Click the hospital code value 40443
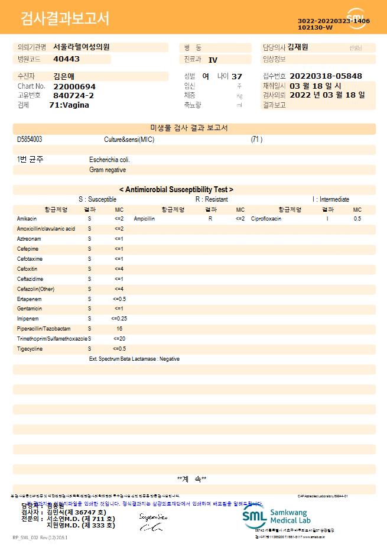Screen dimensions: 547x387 click(x=66, y=59)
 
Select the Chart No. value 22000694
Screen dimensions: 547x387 click(x=74, y=86)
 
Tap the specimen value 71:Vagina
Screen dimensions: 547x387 click(x=69, y=105)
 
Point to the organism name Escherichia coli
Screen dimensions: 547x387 click(x=109, y=160)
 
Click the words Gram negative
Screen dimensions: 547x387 click(x=108, y=170)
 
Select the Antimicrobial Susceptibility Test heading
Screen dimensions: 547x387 click(x=176, y=190)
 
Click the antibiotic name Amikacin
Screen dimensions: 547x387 click(x=27, y=219)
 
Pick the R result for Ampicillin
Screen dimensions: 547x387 click(x=210, y=219)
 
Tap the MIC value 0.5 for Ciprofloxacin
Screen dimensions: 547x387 click(x=357, y=219)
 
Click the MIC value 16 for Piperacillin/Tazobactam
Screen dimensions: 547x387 click(x=119, y=329)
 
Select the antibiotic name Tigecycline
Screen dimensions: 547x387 click(x=30, y=349)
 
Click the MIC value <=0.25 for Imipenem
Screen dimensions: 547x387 click(x=119, y=319)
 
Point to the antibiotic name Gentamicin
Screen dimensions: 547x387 click(x=30, y=309)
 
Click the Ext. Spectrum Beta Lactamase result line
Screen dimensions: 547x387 click(x=134, y=359)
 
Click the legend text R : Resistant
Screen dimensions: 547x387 click(x=212, y=200)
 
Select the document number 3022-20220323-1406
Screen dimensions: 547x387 click(x=334, y=21)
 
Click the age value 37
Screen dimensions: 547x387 click(x=237, y=76)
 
